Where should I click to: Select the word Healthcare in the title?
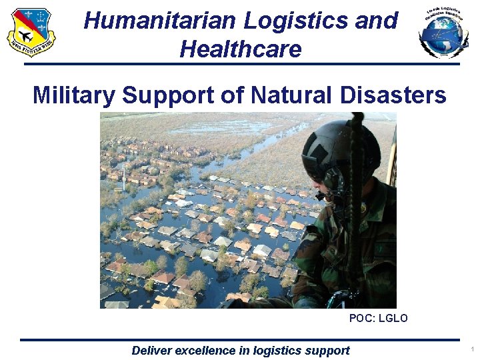pyautogui.click(x=241, y=49)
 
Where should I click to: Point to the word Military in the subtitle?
pyautogui.click(x=74, y=96)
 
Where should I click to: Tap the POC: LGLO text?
pyautogui.click(x=378, y=319)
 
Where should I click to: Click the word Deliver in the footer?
pyautogui.click(x=151, y=351)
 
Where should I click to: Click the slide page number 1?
pyautogui.click(x=471, y=349)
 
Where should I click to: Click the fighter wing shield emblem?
pyautogui.click(x=31, y=32)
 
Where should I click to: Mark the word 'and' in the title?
pyautogui.click(x=377, y=21)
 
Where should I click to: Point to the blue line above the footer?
pyautogui.click(x=240, y=340)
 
